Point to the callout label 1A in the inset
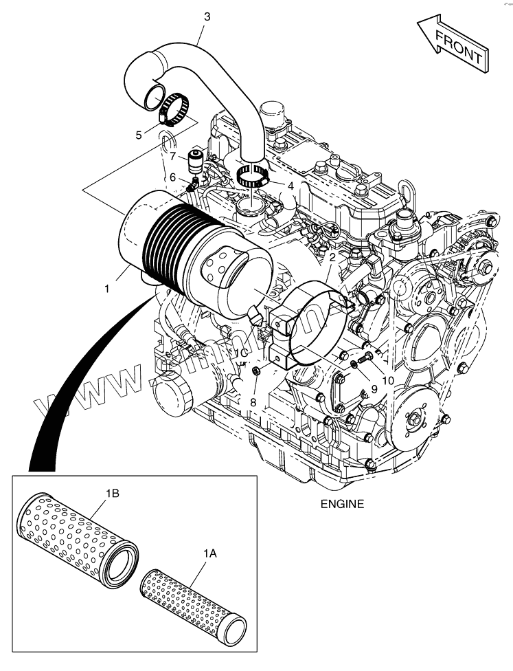pos(209,553)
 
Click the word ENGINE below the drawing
pos(342,504)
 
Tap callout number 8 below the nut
pos(253,401)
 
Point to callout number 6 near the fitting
pos(173,177)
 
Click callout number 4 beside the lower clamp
pos(291,186)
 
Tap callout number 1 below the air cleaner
pos(107,289)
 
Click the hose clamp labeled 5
pos(175,108)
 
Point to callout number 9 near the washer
pos(374,388)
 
